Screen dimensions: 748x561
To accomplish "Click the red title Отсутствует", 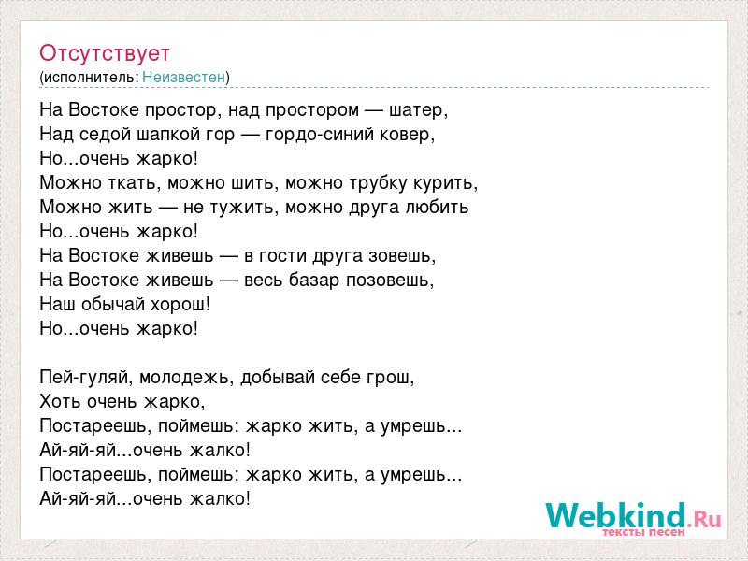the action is [105, 53].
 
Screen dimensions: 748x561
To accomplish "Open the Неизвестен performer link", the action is [183, 77].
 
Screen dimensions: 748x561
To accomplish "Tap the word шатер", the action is [416, 110].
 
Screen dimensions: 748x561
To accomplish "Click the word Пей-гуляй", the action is [86, 378].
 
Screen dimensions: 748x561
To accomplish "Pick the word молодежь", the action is [184, 378].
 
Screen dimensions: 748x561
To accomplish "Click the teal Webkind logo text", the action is [615, 515].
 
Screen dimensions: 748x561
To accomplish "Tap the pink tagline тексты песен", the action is [643, 532].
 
